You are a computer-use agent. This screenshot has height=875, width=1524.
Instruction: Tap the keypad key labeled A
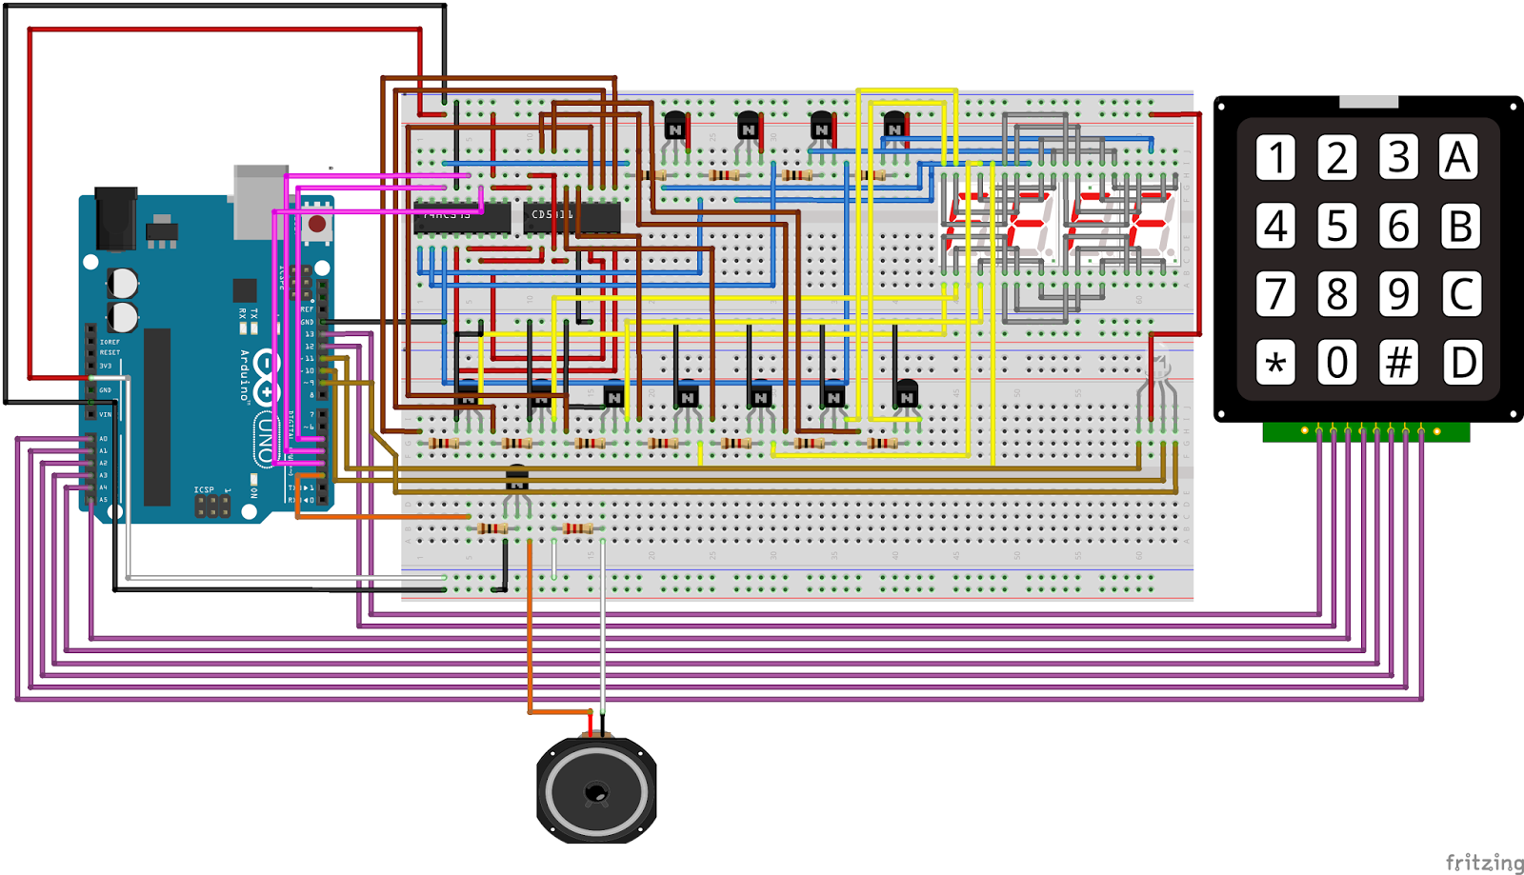pos(1458,158)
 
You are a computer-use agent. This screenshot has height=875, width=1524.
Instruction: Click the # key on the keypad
pos(1398,363)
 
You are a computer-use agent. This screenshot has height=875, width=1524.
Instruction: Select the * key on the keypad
pos(1275,363)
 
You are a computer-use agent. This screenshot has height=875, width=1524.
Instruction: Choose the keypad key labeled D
pos(1461,363)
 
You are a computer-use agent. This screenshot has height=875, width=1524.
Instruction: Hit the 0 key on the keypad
pos(1336,363)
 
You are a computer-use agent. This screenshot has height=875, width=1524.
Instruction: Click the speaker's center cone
pos(596,791)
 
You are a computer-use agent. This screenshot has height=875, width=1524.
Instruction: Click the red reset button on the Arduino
pos(316,225)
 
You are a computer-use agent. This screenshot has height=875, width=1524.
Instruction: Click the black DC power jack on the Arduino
pos(115,218)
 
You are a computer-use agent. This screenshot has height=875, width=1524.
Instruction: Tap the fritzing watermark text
pos(1483,862)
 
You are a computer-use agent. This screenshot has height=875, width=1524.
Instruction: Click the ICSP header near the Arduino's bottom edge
pos(211,506)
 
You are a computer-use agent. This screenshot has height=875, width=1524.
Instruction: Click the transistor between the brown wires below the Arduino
pos(516,479)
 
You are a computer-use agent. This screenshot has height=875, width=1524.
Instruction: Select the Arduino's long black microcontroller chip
pos(157,416)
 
